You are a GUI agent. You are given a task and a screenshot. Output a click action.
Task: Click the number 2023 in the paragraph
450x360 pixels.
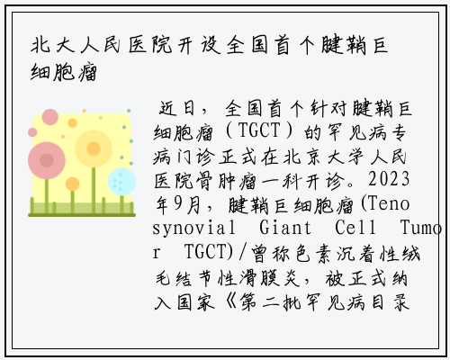click(389, 179)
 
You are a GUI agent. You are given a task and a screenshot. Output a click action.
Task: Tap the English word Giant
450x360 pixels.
click(285, 228)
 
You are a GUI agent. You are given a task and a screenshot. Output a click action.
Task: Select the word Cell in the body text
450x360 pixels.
click(355, 228)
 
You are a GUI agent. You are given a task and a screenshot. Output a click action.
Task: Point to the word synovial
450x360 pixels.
click(193, 228)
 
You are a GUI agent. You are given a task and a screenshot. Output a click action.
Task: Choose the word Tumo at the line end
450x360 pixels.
click(421, 228)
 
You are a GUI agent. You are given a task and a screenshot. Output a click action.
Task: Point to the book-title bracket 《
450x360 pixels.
click(231, 301)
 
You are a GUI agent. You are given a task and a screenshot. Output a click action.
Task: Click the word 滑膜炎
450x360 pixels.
click(270, 278)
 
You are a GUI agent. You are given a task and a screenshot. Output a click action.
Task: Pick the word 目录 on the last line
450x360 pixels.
click(390, 301)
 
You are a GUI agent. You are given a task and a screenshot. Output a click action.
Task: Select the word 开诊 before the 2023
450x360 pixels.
click(325, 181)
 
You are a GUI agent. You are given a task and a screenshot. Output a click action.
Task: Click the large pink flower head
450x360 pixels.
click(47, 160)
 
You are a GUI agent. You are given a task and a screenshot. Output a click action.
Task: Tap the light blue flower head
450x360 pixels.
click(121, 182)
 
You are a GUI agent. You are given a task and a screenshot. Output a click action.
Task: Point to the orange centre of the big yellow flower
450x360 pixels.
click(94, 148)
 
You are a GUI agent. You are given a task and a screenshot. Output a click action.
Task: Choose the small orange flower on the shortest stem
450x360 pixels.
click(72, 184)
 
